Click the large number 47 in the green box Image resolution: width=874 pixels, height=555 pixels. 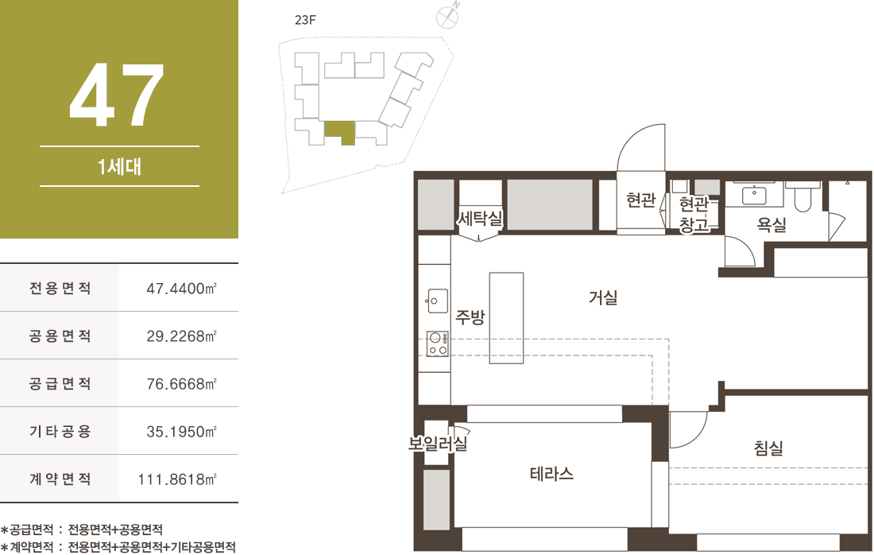coord(117,95)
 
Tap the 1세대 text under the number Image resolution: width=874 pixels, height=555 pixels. coord(119,167)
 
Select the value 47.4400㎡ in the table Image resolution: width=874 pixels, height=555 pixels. coord(181,289)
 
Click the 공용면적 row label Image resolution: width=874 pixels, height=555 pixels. coord(60,336)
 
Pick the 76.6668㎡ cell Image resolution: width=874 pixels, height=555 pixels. coord(181,384)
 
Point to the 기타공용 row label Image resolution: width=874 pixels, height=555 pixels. coord(60,431)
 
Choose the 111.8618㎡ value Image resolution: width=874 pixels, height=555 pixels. coord(177,479)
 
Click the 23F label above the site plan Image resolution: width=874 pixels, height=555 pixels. coord(305,21)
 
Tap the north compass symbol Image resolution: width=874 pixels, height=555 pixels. coord(447,16)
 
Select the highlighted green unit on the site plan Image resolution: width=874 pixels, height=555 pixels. coord(339,132)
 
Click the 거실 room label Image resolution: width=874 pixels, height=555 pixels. coord(603,297)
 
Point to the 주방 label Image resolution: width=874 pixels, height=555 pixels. coord(470,316)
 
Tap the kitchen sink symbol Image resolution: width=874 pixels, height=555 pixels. coord(436,301)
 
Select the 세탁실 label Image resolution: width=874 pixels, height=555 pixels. coord(480,218)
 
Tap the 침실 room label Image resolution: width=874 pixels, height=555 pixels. coord(768,448)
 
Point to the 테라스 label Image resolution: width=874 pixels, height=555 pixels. coord(551,474)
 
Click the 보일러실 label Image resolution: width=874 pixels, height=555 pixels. coord(438,444)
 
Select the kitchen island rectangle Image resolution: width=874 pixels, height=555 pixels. coord(506,318)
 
